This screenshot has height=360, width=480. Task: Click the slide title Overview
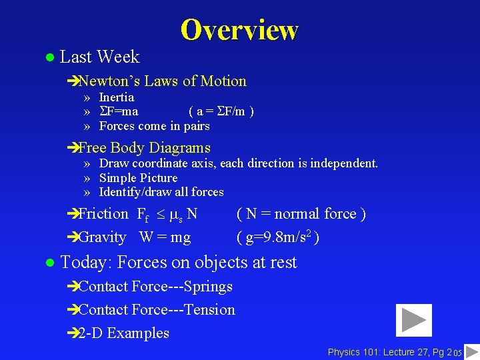point(239,30)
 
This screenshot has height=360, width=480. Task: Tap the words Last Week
point(99,57)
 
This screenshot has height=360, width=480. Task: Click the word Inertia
point(117,97)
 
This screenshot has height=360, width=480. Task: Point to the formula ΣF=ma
point(119,111)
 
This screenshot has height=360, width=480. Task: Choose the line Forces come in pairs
point(154,126)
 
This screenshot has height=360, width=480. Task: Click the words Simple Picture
point(138,178)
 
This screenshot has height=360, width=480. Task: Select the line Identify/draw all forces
point(161,192)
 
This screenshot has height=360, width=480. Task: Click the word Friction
point(103,214)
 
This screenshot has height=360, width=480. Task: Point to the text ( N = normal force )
point(301,214)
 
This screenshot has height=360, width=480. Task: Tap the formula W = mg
point(165,237)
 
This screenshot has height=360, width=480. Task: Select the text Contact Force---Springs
point(155,287)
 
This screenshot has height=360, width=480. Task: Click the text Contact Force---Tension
point(157,310)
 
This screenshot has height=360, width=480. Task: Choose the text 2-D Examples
point(123,333)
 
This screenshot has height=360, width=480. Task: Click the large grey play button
point(413,320)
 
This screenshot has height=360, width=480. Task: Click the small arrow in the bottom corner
point(471,351)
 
